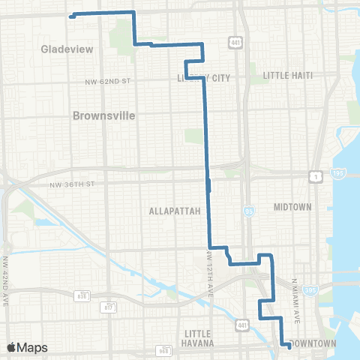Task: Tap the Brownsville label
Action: coord(105,116)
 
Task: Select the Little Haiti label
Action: coord(287,75)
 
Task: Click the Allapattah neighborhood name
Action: coord(175,211)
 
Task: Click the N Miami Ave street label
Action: coord(295,301)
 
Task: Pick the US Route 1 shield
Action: coord(317,175)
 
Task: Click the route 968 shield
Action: coord(164,350)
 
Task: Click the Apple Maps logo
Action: coord(27,347)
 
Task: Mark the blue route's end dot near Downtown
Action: coord(289,346)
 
